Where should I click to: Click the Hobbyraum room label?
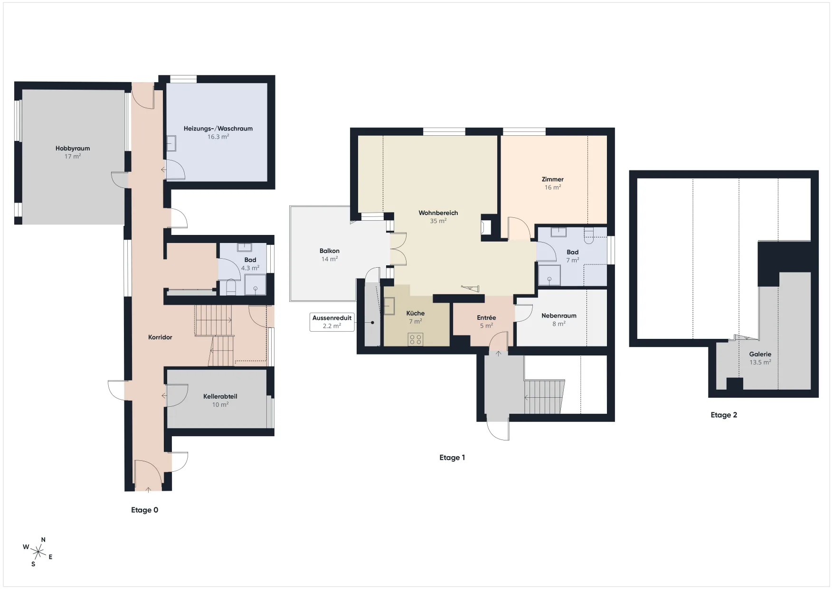tap(73, 148)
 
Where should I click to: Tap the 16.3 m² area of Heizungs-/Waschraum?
tap(218, 137)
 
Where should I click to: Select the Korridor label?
tap(160, 337)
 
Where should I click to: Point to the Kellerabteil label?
tap(220, 396)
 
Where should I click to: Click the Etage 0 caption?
tap(145, 510)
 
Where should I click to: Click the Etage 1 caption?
tap(452, 458)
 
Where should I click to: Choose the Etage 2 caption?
tap(724, 415)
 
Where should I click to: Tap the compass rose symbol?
tap(38, 552)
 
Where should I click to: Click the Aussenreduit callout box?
tap(332, 322)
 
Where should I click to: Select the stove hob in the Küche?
tap(416, 339)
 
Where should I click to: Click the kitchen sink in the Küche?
tap(389, 306)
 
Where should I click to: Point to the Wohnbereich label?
tap(438, 213)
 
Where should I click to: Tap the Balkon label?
tap(330, 251)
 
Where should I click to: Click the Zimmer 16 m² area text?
tap(553, 187)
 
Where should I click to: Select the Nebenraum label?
tap(559, 316)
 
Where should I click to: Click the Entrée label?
tap(486, 318)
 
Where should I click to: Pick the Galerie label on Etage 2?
tap(760, 354)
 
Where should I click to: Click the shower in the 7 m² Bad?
tap(549, 275)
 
